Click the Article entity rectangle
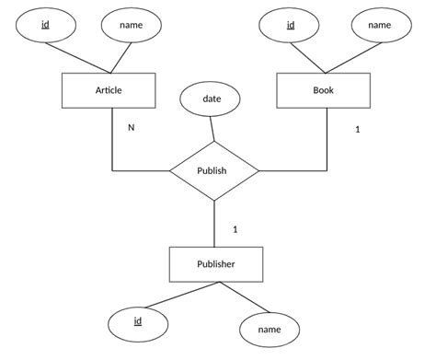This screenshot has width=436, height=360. coord(109,90)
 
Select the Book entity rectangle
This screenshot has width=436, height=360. coord(326,90)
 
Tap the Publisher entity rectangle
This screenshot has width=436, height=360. coord(215,264)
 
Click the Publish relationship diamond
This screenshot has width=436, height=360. coord(214,170)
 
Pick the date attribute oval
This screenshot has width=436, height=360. coord(209,99)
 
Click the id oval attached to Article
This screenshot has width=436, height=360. coord(45,25)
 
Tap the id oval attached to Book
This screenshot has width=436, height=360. coord(291,25)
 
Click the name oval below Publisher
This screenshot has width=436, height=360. coord(270,329)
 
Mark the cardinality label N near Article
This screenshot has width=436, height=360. coord(131,127)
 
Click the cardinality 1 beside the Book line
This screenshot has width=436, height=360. coord(357,130)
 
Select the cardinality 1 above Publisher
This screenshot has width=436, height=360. coord(235,229)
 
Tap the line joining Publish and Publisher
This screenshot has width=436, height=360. coord(214,224)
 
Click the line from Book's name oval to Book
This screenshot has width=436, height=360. coord(361,57)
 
